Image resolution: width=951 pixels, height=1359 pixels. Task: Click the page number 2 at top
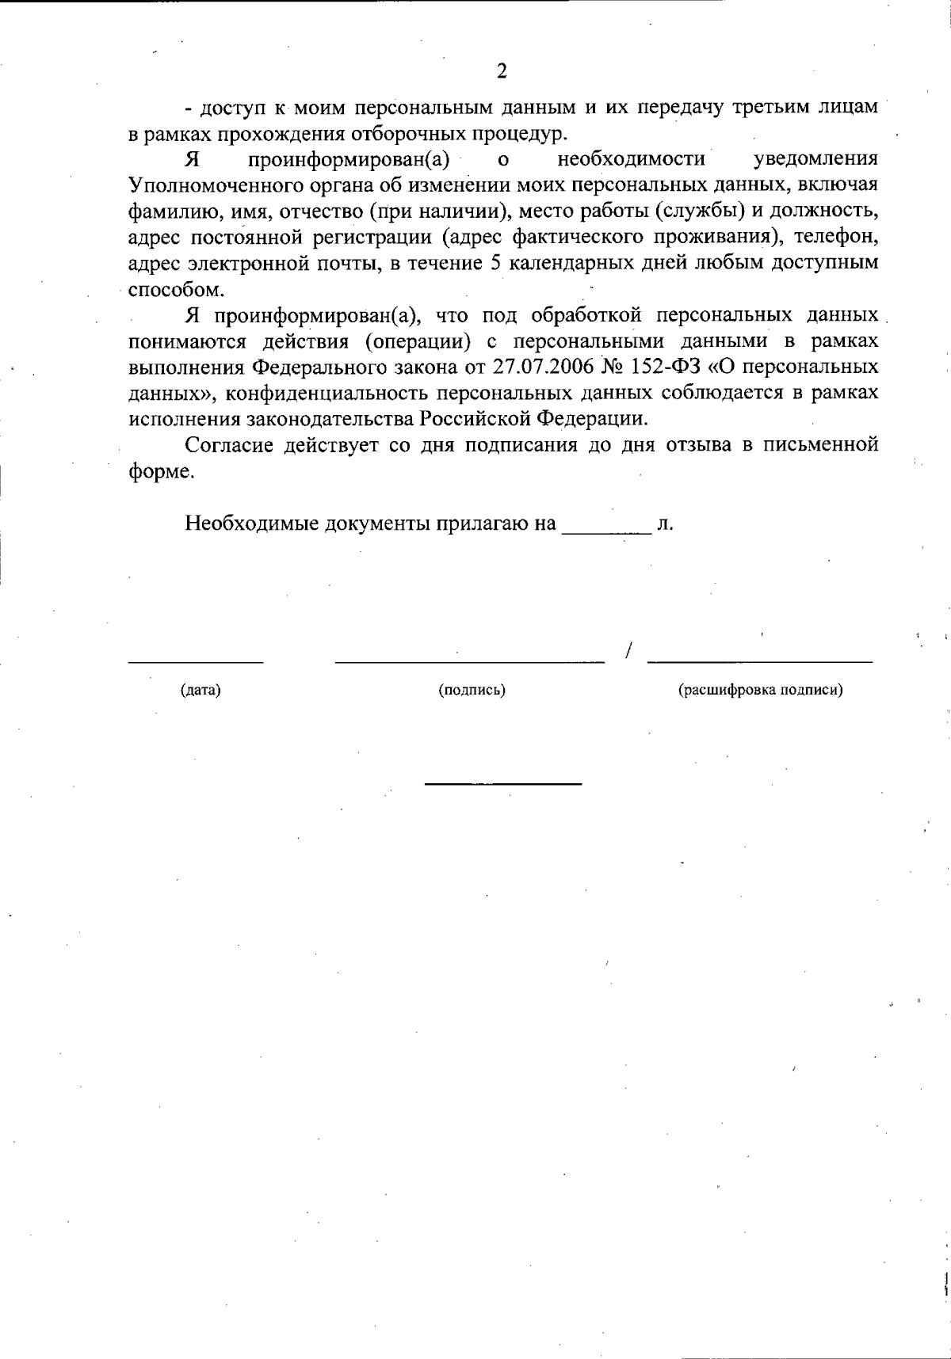coord(501,71)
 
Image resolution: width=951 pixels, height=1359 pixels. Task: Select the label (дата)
coord(201,690)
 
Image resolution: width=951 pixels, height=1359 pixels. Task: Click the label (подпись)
coord(472,690)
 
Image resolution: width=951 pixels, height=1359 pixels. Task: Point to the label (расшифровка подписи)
coord(760,690)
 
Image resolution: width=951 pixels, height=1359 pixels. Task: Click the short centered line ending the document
coord(503,784)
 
